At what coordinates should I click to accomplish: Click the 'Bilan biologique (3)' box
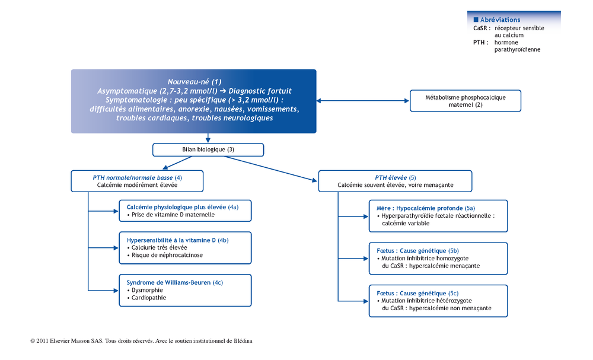(208, 149)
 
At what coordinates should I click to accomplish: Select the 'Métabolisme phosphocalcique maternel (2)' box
(465, 101)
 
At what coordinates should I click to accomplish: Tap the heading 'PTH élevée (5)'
(395, 177)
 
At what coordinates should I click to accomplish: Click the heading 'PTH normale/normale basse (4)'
(138, 177)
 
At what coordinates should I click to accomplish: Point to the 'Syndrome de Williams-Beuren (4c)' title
(175, 282)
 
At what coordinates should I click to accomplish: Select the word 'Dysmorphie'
(147, 291)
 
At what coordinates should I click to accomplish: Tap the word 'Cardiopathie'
(149, 298)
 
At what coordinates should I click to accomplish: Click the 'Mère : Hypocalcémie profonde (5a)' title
(426, 208)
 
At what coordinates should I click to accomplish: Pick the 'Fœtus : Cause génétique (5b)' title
(417, 251)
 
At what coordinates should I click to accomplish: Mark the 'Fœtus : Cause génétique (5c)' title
(417, 293)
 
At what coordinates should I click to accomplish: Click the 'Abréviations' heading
(500, 20)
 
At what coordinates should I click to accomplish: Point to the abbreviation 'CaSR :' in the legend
(482, 28)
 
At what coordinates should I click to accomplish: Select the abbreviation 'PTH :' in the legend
(481, 42)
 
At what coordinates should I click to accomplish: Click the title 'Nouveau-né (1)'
(195, 82)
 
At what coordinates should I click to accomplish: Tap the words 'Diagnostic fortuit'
(260, 91)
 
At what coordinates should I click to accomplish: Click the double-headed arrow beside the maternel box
(363, 101)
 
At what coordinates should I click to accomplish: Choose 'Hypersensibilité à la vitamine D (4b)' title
(177, 240)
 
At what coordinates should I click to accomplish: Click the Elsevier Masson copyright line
(141, 340)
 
